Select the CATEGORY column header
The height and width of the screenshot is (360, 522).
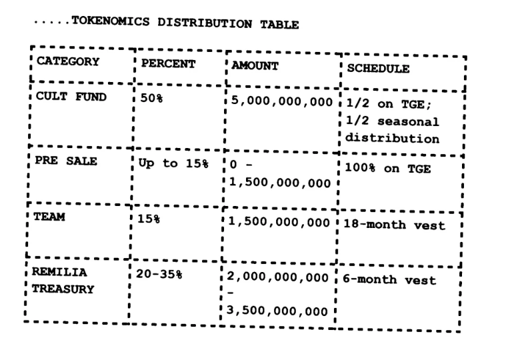[x=67, y=62]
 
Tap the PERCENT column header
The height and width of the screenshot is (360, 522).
[x=168, y=64]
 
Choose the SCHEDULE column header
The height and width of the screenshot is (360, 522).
[x=377, y=69]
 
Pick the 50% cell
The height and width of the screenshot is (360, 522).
[x=149, y=98]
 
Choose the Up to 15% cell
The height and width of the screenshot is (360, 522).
[x=171, y=163]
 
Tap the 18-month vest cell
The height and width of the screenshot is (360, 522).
[x=393, y=225]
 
